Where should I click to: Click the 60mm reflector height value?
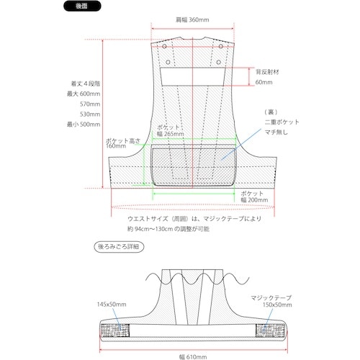[x=264, y=83]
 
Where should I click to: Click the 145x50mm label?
[x=112, y=305]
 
